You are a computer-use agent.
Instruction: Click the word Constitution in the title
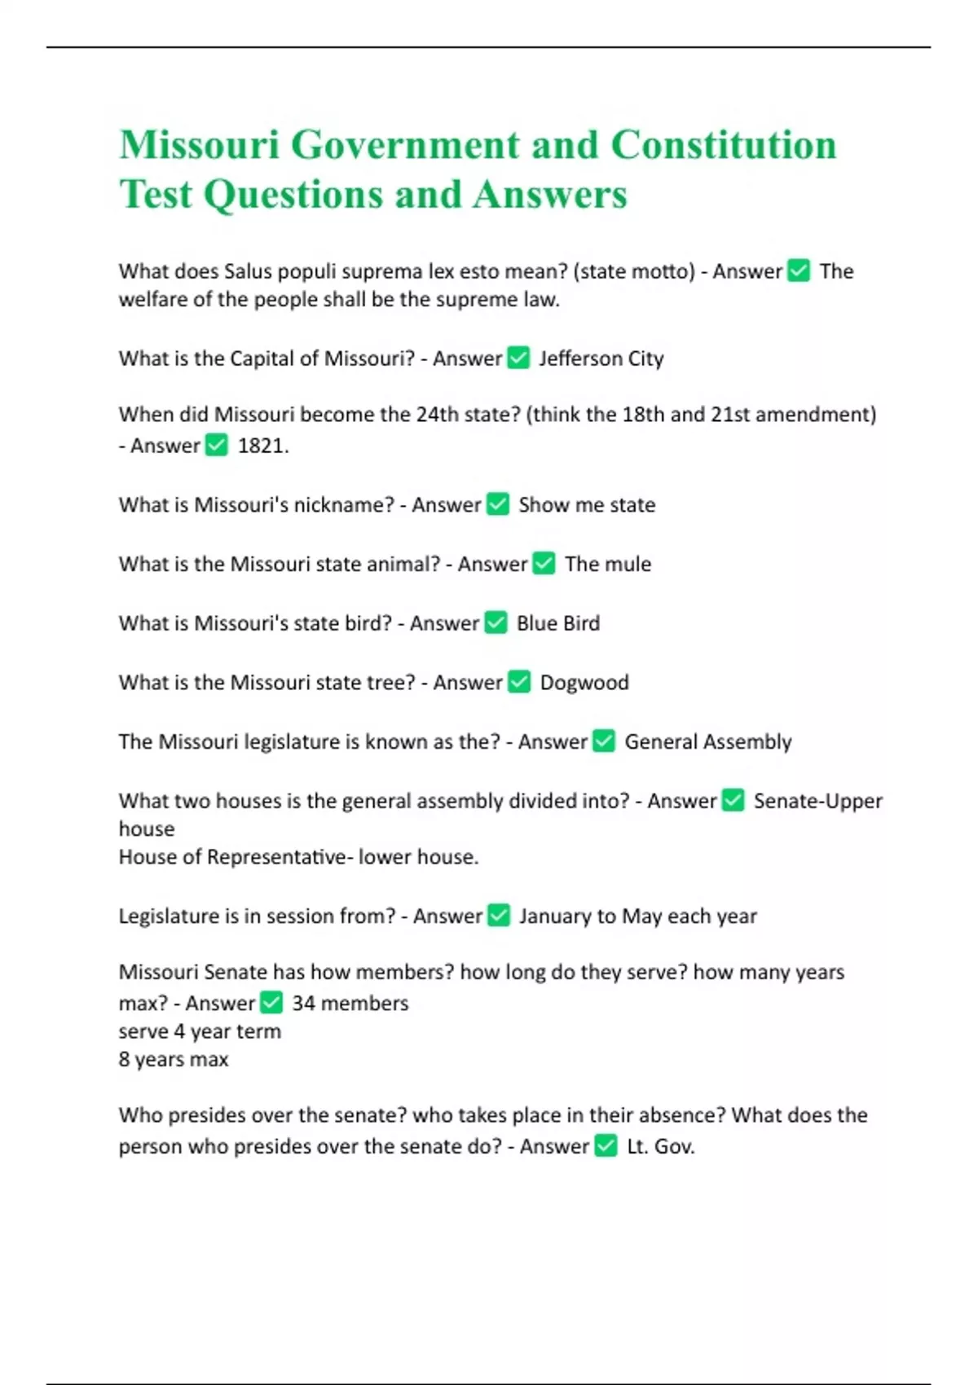(723, 146)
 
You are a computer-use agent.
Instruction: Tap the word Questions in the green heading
(293, 195)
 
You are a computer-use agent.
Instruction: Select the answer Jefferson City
(601, 358)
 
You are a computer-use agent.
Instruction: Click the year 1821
(262, 446)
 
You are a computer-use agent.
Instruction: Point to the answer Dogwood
(584, 683)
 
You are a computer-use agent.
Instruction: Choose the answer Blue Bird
(558, 623)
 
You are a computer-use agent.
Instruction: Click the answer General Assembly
(707, 742)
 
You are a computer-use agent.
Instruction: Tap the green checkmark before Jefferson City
(518, 358)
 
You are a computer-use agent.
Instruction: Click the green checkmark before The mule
(544, 564)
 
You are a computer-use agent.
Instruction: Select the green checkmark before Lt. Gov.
(606, 1146)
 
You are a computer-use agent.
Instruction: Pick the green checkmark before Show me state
(498, 504)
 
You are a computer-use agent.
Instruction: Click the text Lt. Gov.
(661, 1147)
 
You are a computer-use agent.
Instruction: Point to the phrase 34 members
(350, 1003)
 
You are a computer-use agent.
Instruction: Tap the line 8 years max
(174, 1059)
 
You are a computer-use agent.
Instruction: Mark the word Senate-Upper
(817, 801)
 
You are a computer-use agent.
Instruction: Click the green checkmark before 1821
(216, 445)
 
